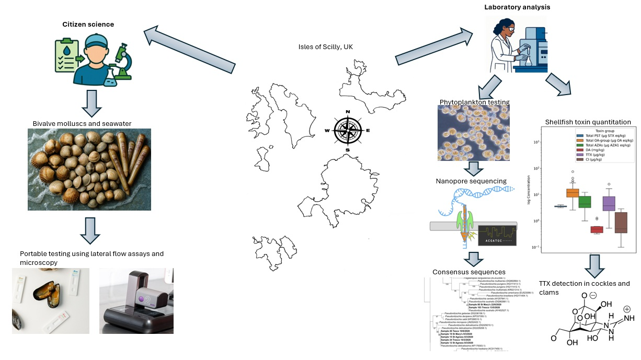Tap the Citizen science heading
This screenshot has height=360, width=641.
point(88,24)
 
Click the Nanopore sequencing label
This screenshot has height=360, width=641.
point(471,181)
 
